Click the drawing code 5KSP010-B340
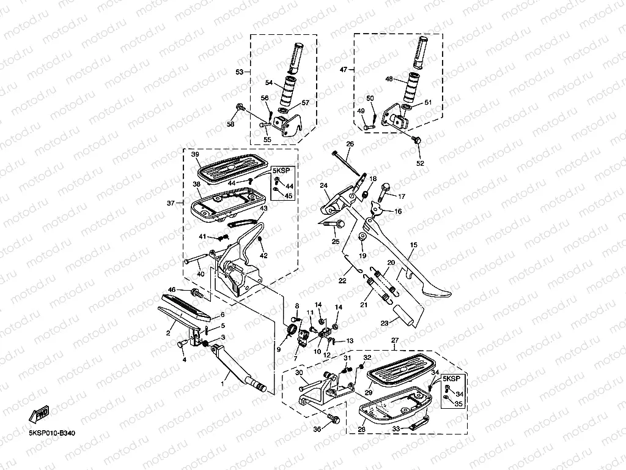pyautogui.click(x=52, y=433)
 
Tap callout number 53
pyautogui.click(x=240, y=72)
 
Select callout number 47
pyautogui.click(x=344, y=70)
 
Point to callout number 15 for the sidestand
pyautogui.click(x=414, y=245)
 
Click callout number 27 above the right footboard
pyautogui.click(x=395, y=340)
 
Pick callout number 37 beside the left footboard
pyautogui.click(x=171, y=203)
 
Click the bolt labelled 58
pyautogui.click(x=240, y=106)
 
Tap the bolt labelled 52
pyautogui.click(x=418, y=140)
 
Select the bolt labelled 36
pyautogui.click(x=334, y=419)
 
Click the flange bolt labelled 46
pyautogui.click(x=197, y=293)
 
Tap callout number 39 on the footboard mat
pyautogui.click(x=195, y=154)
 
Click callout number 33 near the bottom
pyautogui.click(x=396, y=428)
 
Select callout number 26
pyautogui.click(x=350, y=144)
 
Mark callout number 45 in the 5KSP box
pyautogui.click(x=289, y=196)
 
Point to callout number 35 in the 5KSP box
pyautogui.click(x=458, y=404)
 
